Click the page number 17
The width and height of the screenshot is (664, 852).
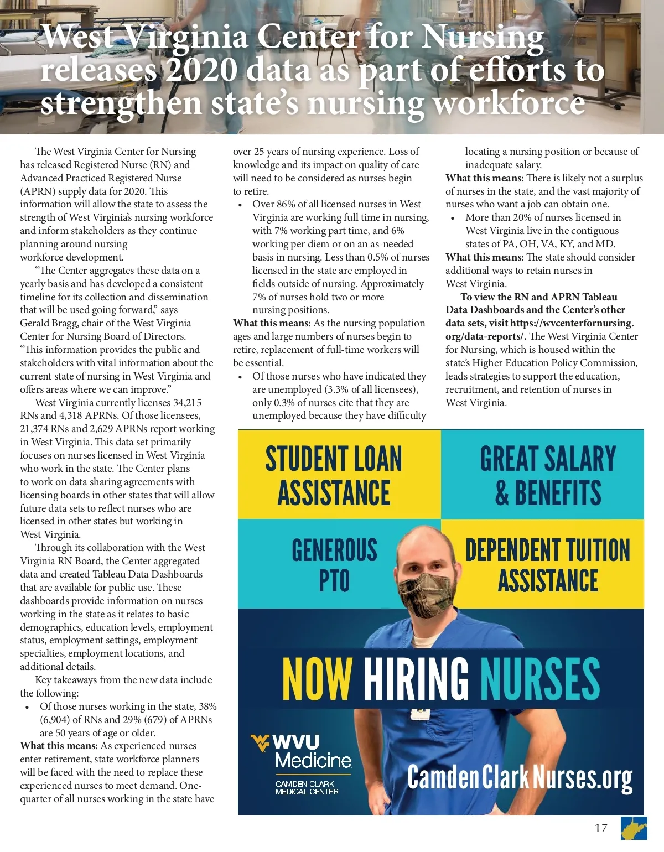(600, 828)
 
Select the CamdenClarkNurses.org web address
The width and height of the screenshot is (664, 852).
(520, 777)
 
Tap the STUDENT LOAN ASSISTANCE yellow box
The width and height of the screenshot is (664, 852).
(334, 476)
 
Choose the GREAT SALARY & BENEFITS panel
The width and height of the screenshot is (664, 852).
(547, 476)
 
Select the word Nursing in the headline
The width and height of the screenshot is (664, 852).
(482, 38)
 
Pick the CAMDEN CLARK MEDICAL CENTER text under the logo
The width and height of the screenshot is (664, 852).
(307, 788)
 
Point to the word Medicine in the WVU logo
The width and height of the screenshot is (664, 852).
(313, 761)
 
